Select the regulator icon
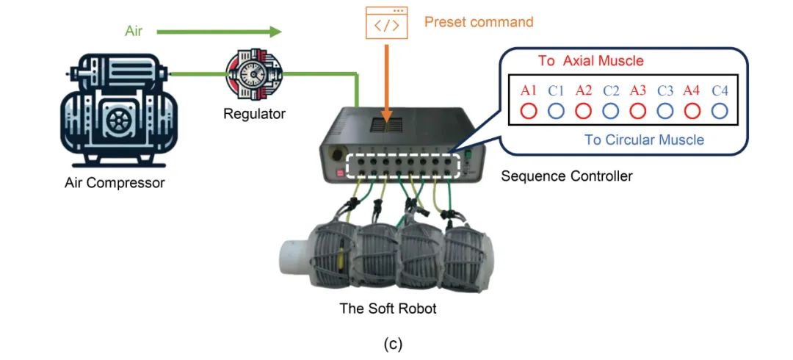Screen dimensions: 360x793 [x=254, y=76]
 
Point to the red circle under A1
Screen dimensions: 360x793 [x=530, y=111]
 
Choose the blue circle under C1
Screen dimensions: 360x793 [x=557, y=111]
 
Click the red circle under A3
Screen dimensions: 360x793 [x=638, y=111]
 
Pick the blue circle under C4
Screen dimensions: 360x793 [x=720, y=111]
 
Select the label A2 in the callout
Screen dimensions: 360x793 [x=584, y=91]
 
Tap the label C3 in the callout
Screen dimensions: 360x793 [x=665, y=91]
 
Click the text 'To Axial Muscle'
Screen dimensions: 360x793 [x=590, y=61]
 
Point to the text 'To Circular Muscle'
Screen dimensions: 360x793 [x=644, y=140]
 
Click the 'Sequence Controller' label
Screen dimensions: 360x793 [x=566, y=176]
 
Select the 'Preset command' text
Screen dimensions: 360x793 [x=479, y=22]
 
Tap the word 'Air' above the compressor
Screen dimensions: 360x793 [x=133, y=32]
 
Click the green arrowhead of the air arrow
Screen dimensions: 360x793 [x=275, y=32]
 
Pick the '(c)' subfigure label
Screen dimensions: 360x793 [x=393, y=344]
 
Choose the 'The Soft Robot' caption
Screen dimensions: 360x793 [x=388, y=309]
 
